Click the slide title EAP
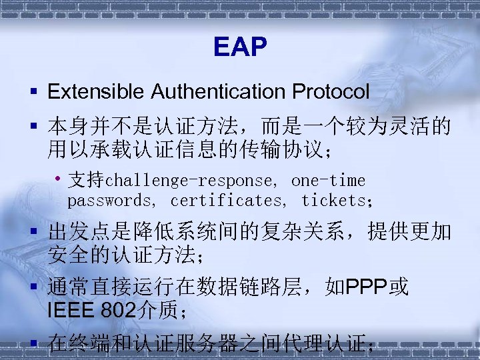coord(240,47)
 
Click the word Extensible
coord(97,91)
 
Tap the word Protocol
coord(334,91)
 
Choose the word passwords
coord(109,200)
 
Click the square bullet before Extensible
coord(33,91)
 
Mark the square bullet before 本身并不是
coord(33,125)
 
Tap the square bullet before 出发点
coord(33,232)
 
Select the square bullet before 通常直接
coord(33,288)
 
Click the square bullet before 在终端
coord(33,344)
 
